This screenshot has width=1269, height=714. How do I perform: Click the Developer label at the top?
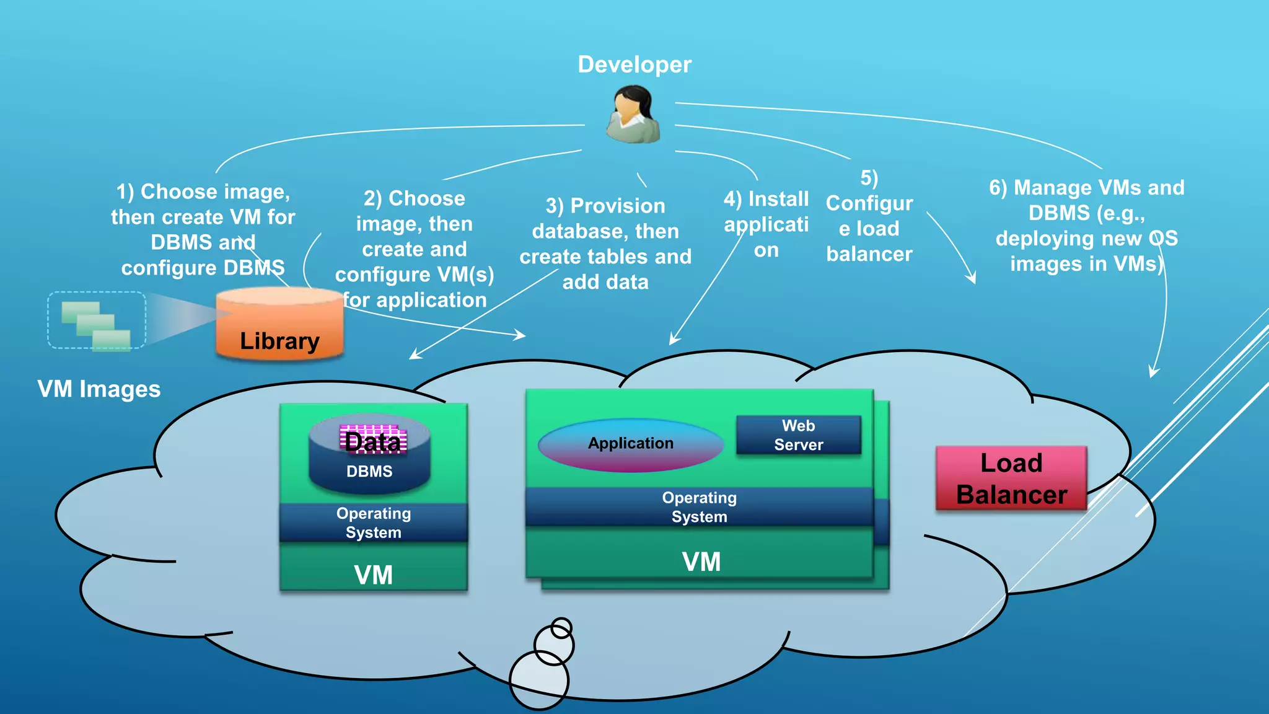tap(634, 64)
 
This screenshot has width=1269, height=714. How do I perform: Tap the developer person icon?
tap(633, 115)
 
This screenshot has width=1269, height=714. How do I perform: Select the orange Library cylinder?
tap(279, 325)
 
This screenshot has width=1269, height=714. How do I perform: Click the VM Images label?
tap(99, 389)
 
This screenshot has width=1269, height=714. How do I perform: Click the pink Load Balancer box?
tap(1011, 478)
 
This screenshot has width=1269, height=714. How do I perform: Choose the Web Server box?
tap(798, 435)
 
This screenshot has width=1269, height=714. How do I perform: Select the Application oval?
tap(630, 444)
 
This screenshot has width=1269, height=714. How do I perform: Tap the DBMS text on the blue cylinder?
tap(369, 472)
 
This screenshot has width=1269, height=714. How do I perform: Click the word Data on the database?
tap(372, 441)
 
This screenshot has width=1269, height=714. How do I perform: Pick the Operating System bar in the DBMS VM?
tap(373, 522)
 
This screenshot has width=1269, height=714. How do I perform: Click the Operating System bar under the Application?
tap(699, 507)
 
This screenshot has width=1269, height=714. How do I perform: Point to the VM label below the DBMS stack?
tap(373, 575)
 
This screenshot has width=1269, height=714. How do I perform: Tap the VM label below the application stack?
tap(701, 562)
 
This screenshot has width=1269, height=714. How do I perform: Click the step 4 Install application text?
tap(766, 224)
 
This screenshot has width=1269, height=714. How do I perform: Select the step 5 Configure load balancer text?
tap(869, 216)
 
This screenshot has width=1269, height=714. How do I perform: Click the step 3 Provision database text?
tap(605, 244)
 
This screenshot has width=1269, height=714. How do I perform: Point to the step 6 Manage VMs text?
tap(1086, 226)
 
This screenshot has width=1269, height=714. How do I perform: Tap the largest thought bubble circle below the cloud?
tap(538, 680)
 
